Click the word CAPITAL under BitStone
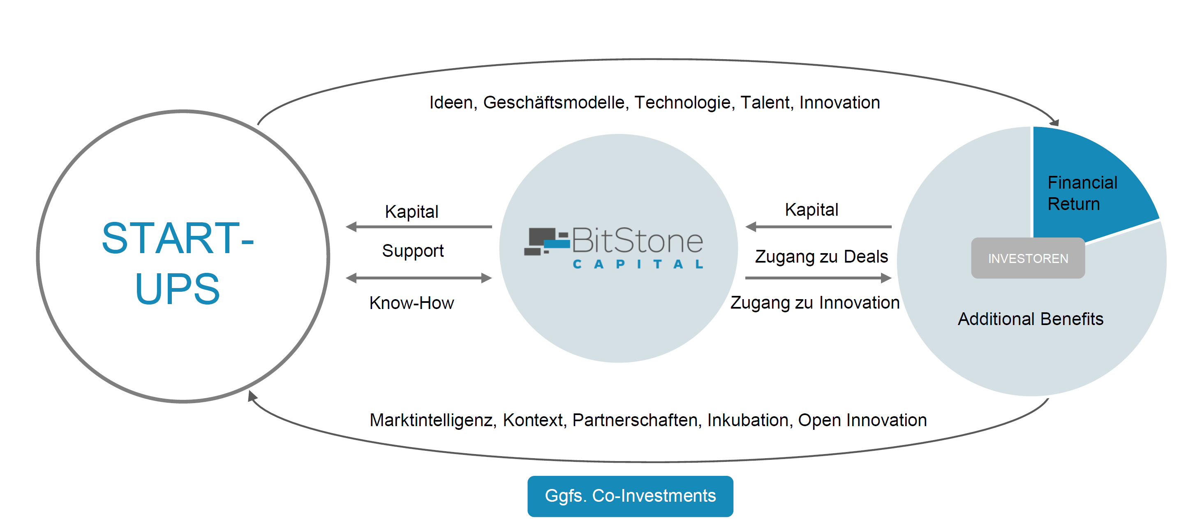(638, 264)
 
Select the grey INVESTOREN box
(1028, 258)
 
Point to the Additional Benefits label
(1031, 319)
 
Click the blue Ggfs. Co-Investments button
(630, 496)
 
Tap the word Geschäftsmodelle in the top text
(553, 103)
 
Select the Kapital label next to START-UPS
(412, 212)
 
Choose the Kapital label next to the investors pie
(812, 210)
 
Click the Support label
(413, 251)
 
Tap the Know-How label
(412, 303)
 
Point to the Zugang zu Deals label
(821, 257)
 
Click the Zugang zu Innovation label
(815, 303)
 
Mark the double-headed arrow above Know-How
(419, 278)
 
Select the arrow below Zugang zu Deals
(818, 278)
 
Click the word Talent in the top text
(766, 103)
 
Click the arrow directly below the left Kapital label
(419, 227)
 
